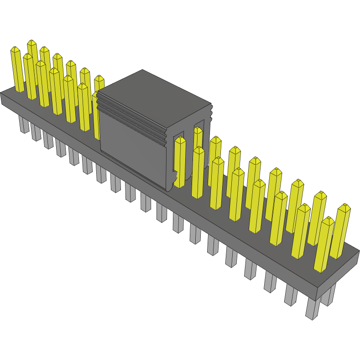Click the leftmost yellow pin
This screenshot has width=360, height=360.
click(x=17, y=71)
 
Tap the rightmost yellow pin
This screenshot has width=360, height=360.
click(x=341, y=233)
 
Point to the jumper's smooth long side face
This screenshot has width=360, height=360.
click(x=132, y=146)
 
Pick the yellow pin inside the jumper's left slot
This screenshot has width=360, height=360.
click(x=180, y=162)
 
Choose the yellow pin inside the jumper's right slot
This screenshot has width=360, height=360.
click(x=198, y=137)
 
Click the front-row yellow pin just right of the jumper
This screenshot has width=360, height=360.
click(x=198, y=173)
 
